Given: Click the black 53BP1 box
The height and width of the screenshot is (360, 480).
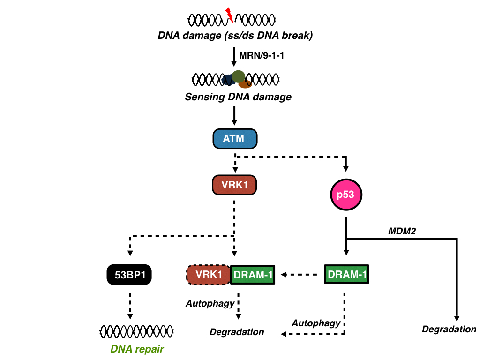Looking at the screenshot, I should [x=130, y=275].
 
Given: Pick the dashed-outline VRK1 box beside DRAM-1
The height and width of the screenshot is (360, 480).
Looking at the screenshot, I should [x=209, y=275].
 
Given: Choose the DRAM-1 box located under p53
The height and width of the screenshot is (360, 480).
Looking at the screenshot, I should [x=346, y=274].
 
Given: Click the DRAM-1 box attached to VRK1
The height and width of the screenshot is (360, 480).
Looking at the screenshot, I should [x=253, y=275].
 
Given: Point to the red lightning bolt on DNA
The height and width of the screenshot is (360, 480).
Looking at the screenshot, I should [x=229, y=15].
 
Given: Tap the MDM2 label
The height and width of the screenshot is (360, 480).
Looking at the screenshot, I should [x=402, y=231].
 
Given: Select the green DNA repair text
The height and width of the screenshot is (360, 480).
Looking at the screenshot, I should [x=137, y=349].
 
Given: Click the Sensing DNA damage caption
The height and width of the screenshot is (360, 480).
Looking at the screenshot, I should [x=238, y=97].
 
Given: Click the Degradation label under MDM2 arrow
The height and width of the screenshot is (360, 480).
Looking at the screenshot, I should [x=449, y=329].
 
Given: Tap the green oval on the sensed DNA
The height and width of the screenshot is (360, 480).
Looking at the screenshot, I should [x=238, y=76].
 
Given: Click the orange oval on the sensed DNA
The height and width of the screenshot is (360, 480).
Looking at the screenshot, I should [x=245, y=85].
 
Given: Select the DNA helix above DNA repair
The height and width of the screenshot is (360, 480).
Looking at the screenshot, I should [x=137, y=331].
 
